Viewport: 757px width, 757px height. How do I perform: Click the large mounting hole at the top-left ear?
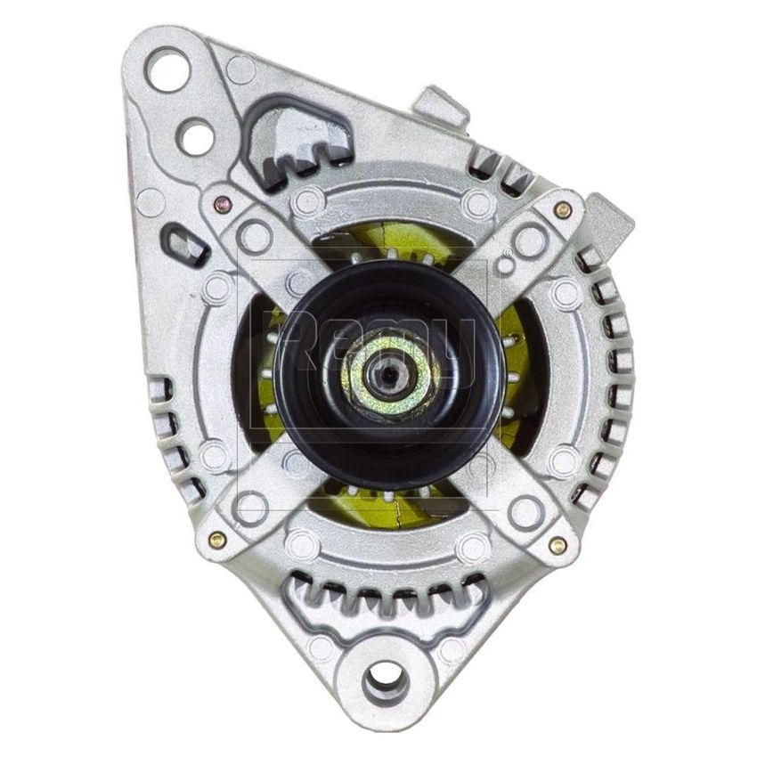tap(168, 69)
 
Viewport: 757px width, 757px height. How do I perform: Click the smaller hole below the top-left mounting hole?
tap(194, 135)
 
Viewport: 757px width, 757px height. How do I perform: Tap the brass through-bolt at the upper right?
tap(562, 209)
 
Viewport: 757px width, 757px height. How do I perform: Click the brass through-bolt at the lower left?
tap(216, 538)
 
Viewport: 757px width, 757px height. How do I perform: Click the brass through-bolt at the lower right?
tap(558, 545)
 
